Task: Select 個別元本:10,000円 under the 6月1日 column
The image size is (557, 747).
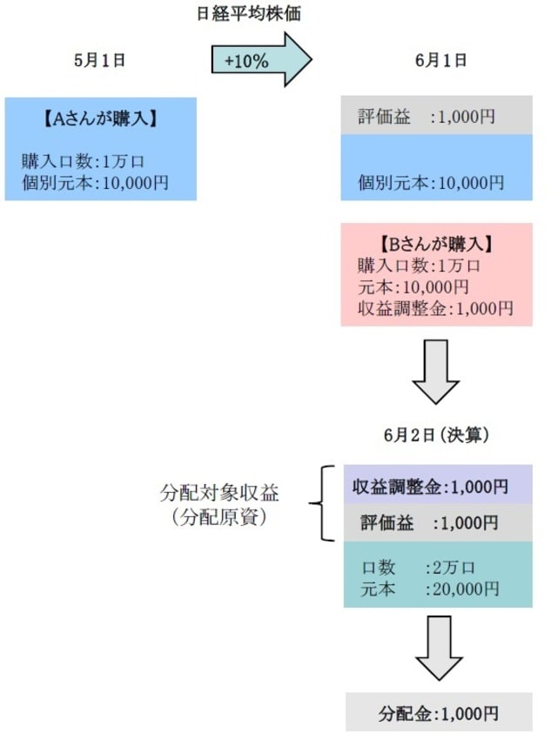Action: (431, 183)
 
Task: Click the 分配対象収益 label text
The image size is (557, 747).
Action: (220, 493)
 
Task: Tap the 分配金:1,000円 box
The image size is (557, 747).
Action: (438, 713)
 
